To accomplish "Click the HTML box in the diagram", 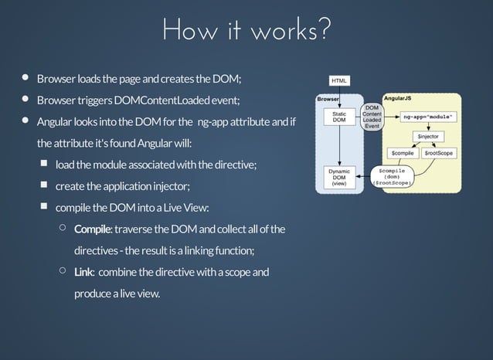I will point(339,80).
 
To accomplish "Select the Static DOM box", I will point(338,117).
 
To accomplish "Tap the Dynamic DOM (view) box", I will point(338,176).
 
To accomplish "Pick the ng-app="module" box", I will point(429,117).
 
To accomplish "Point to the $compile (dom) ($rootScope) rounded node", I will point(393,176).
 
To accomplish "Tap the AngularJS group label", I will point(397,100).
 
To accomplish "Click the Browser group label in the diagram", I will point(328,100).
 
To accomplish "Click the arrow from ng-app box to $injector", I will point(429,126).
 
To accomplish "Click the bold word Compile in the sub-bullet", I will point(93,229).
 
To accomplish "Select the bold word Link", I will point(83,272).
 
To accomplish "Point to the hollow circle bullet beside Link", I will point(62,271).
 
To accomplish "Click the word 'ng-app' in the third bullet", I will point(213,122).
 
